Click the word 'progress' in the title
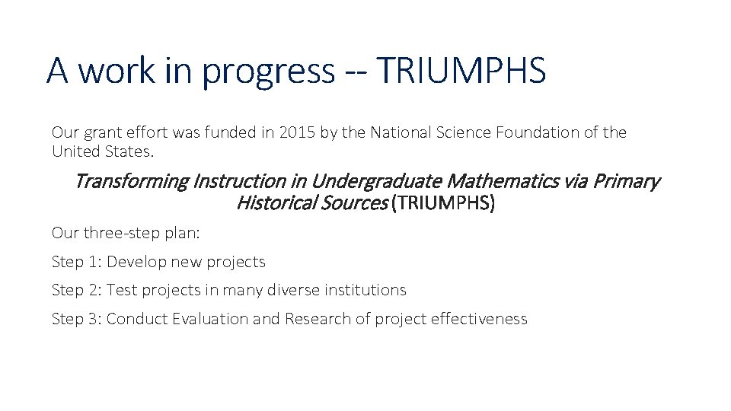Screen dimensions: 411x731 pyautogui.click(x=269, y=72)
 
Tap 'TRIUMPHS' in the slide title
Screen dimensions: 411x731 pyautogui.click(x=461, y=70)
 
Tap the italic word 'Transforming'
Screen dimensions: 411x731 pyautogui.click(x=131, y=182)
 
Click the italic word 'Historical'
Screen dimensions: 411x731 pyautogui.click(x=270, y=203)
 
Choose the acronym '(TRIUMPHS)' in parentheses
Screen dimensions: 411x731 pyautogui.click(x=442, y=203)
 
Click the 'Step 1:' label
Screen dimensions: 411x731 pyautogui.click(x=77, y=262)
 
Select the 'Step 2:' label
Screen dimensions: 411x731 pyautogui.click(x=77, y=290)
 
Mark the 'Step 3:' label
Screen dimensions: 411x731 pyautogui.click(x=77, y=319)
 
